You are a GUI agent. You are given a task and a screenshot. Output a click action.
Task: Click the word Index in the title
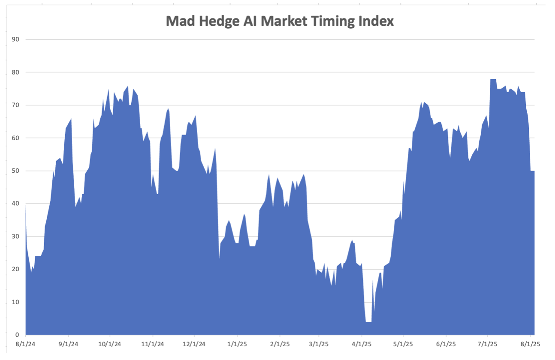[377, 21]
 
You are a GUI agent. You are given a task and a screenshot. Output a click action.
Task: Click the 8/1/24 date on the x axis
[26, 344]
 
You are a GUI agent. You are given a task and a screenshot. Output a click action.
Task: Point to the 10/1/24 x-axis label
[110, 344]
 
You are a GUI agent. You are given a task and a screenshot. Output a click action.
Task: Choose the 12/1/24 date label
[194, 344]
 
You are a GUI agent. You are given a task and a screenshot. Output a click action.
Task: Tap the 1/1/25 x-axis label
[237, 344]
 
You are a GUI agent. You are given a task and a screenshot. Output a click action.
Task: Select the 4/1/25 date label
[361, 344]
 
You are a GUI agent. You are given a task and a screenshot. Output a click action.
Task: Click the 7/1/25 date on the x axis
[488, 344]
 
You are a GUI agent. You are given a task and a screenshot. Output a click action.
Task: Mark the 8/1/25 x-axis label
[531, 344]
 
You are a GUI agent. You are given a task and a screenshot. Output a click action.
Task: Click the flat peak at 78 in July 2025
[493, 80]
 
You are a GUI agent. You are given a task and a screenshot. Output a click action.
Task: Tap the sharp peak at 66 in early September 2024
[71, 119]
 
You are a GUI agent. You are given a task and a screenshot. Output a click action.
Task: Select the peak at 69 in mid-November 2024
[168, 109]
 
